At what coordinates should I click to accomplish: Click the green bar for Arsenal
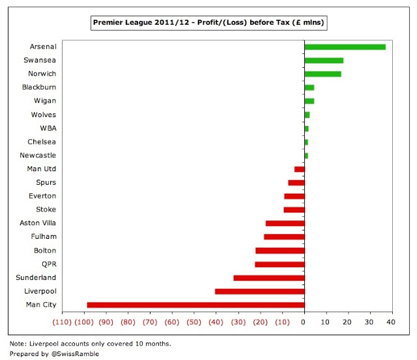click(345, 47)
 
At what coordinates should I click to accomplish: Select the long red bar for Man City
click(195, 305)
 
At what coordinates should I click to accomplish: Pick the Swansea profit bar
click(324, 61)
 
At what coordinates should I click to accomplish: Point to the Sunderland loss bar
click(269, 277)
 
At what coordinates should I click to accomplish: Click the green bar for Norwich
click(323, 74)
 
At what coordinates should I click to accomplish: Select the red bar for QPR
click(280, 264)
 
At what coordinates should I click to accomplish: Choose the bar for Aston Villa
click(285, 223)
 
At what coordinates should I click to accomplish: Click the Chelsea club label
click(42, 142)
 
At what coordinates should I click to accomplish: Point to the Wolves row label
click(44, 115)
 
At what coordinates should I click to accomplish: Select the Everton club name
click(42, 196)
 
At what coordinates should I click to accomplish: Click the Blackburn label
click(39, 87)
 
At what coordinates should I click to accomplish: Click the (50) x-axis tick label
click(194, 322)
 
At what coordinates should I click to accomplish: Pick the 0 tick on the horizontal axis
click(304, 322)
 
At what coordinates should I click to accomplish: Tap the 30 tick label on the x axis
click(370, 322)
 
